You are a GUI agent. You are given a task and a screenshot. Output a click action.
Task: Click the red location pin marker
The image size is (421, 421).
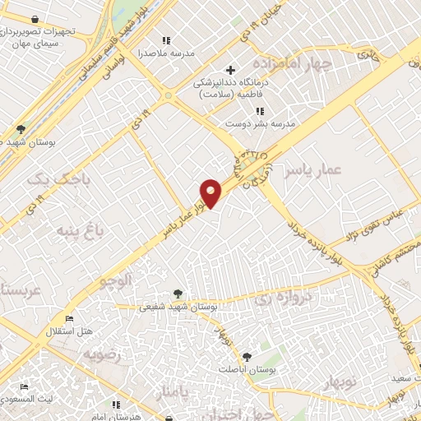pyautogui.click(x=211, y=192)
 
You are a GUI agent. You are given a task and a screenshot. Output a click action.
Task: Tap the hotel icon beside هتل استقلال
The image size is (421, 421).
pyautogui.click(x=70, y=319)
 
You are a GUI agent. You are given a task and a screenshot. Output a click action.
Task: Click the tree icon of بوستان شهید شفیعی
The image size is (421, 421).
pyautogui.click(x=178, y=294)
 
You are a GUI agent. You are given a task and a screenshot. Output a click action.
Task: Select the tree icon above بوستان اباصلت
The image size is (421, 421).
pyautogui.click(x=247, y=357)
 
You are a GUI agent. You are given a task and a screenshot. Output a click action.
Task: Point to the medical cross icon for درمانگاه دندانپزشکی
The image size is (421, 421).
pyautogui.click(x=230, y=70)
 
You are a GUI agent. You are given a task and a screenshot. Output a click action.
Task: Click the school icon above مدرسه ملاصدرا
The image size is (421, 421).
pyautogui.click(x=167, y=40)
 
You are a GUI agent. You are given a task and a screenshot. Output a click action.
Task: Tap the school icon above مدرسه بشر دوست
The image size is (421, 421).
pyautogui.click(x=260, y=111)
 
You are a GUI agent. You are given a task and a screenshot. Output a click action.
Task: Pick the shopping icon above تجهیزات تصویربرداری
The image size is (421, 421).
pyautogui.click(x=35, y=19)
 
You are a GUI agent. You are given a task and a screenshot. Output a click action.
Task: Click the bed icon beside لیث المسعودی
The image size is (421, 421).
pyautogui.click(x=24, y=386)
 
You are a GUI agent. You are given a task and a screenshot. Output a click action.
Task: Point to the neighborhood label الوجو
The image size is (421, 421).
pyautogui.click(x=116, y=281)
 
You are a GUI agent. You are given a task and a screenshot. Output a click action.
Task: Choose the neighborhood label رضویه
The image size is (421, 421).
pyautogui.click(x=101, y=354)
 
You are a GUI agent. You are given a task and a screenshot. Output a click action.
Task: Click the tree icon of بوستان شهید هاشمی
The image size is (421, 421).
pyautogui.click(x=21, y=129)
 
